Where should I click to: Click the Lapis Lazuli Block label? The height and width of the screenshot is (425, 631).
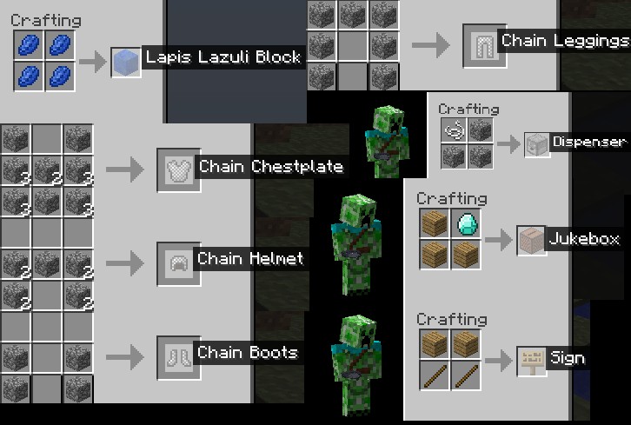223,58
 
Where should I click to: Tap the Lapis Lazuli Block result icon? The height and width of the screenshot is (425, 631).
125,61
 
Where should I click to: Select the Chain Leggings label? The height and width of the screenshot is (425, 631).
564,41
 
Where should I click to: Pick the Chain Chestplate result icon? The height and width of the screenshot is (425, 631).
173,169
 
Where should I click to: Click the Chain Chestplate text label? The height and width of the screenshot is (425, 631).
271,167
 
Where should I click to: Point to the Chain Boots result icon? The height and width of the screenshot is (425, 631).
173,355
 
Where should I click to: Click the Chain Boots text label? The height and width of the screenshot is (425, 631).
248,353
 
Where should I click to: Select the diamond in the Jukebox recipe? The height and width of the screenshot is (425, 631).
467,224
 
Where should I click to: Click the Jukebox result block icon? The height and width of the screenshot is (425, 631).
530,240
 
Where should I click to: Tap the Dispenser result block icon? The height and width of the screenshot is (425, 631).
537,143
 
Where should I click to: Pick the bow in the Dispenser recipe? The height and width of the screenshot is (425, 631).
454,131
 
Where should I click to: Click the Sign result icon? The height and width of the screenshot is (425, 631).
530,360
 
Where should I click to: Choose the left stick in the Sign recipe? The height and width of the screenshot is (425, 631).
435,375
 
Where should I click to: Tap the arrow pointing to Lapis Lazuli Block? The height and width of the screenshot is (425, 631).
91,61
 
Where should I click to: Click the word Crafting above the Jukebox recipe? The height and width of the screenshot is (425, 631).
452,199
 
